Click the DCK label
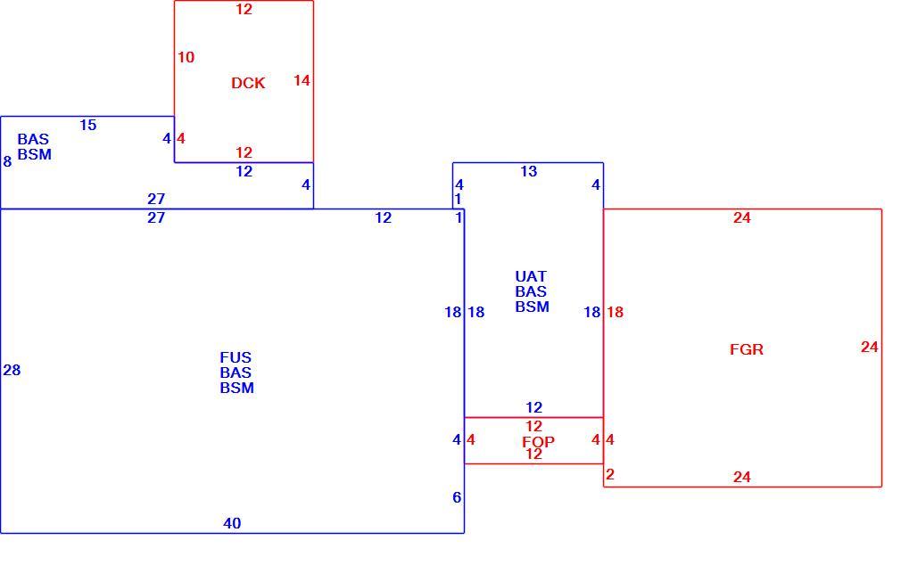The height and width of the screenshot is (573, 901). click(248, 83)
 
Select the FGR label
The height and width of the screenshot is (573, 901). click(747, 349)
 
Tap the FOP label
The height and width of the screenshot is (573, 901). click(539, 442)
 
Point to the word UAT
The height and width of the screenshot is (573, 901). click(531, 277)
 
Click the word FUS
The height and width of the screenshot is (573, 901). click(236, 357)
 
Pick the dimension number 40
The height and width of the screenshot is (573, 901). click(232, 524)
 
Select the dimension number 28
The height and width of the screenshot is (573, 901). click(12, 371)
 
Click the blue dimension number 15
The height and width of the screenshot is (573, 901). click(88, 125)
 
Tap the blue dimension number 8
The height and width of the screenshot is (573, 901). click(7, 162)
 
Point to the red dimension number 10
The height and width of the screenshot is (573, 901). click(186, 57)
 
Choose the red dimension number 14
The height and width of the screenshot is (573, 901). click(302, 80)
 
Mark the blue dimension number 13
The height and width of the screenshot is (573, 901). click(529, 171)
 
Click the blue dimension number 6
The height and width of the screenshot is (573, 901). click(457, 498)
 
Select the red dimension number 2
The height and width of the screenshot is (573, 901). click(610, 474)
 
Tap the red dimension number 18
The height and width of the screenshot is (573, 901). click(615, 312)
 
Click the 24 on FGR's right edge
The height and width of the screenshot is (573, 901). click(870, 347)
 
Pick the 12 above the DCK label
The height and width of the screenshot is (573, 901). click(244, 9)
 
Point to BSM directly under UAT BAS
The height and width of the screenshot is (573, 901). click(532, 307)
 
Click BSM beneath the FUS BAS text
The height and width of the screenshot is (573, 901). click(236, 389)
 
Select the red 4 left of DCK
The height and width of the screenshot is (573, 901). click(181, 138)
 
